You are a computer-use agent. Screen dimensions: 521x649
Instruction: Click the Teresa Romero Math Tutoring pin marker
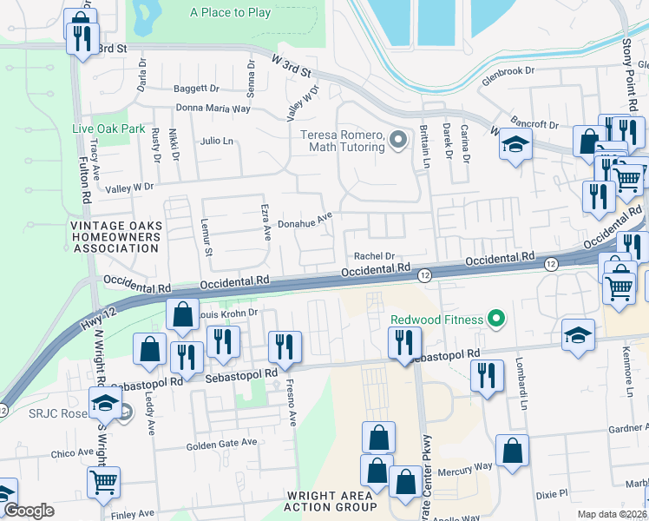pyautogui.click(x=398, y=139)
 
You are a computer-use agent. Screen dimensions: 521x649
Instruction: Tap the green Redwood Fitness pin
pyautogui.click(x=496, y=320)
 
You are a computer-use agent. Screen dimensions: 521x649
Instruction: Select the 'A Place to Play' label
pyautogui.click(x=230, y=12)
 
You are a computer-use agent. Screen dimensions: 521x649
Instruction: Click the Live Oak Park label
pyautogui.click(x=108, y=129)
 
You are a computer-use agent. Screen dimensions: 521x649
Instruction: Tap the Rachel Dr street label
pyautogui.click(x=374, y=256)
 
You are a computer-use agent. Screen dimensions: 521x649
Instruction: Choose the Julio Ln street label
pyautogui.click(x=216, y=141)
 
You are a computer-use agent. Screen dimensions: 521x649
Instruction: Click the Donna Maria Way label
pyautogui.click(x=213, y=109)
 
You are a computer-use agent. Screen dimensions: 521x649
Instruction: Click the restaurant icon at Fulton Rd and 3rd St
pyautogui.click(x=82, y=37)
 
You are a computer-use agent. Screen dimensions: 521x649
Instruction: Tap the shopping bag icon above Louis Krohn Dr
pyautogui.click(x=183, y=314)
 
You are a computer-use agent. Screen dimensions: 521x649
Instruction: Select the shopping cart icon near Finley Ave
pyautogui.click(x=104, y=482)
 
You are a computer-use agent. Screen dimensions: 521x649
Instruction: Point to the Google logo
pyautogui.click(x=29, y=511)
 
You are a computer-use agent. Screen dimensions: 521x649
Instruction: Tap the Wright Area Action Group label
pyautogui.click(x=331, y=501)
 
